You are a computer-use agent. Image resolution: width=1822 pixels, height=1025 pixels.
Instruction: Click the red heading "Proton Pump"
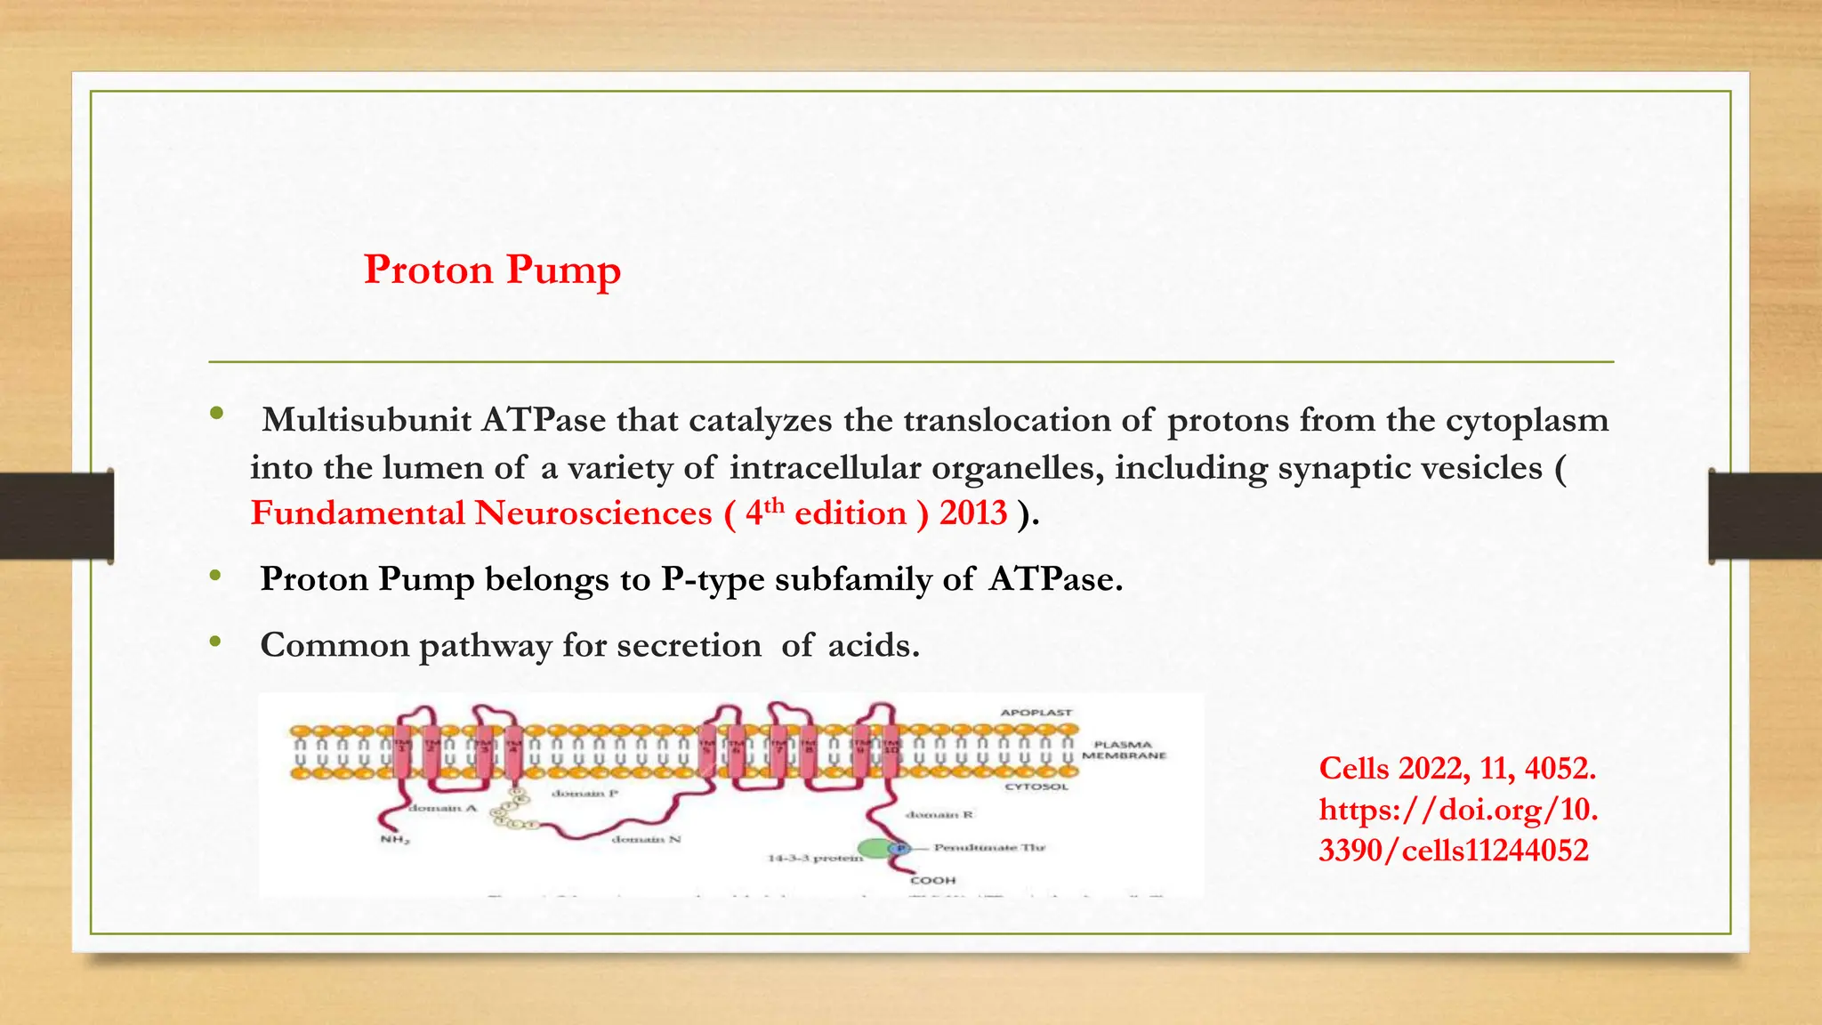492,270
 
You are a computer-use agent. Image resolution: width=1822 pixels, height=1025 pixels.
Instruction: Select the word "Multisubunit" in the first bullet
366,420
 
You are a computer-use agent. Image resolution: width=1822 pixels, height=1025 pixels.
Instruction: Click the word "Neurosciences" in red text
593,513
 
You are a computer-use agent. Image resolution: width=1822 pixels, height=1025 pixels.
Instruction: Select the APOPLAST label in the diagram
1036,713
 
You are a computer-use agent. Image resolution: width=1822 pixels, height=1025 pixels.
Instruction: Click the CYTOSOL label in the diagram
1036,787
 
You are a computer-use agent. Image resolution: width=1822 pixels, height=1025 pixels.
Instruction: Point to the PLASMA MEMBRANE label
1124,750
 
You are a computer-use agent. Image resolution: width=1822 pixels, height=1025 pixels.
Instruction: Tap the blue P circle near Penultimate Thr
900,849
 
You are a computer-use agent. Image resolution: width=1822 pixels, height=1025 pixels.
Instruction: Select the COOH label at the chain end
933,881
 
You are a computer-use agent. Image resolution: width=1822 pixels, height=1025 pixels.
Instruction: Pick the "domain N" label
647,840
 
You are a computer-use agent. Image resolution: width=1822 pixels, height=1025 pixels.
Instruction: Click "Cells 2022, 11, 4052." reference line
1457,768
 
